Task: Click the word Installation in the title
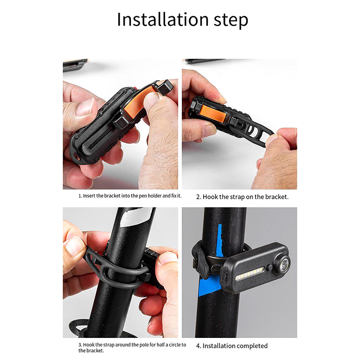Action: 163,20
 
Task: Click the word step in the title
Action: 231,21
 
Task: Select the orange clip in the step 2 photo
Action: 213,113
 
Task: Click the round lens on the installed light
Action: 284,265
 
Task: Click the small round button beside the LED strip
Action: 270,267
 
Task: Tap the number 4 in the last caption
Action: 198,346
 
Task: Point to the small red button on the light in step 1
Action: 135,88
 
